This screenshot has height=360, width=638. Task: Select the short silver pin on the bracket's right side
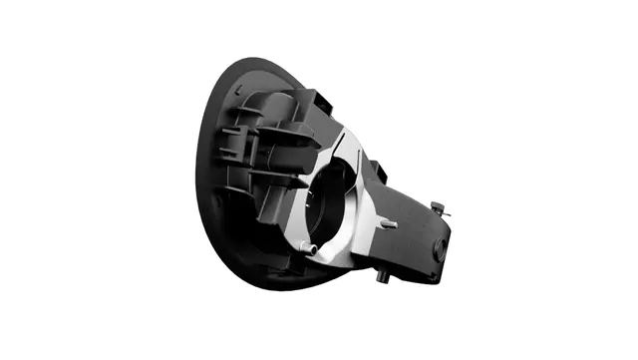point(390,225)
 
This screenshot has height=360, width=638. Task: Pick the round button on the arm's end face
point(440,250)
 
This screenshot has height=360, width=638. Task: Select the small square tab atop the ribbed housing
point(324,97)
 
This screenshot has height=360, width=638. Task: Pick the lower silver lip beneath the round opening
point(334,254)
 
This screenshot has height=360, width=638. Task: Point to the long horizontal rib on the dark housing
point(279,130)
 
